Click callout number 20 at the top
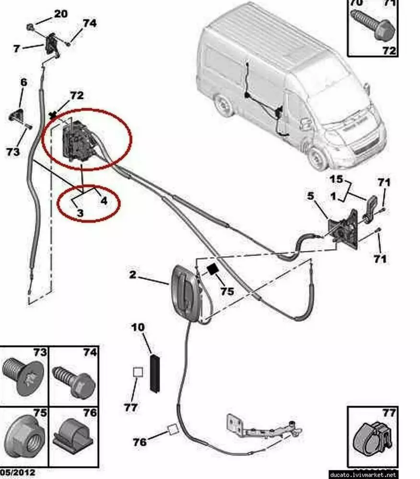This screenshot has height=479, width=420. [x=60, y=14]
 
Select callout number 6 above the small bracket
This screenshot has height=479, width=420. [x=23, y=82]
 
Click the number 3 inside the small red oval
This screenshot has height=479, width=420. [x=80, y=213]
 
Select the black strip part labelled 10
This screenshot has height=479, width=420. [x=154, y=374]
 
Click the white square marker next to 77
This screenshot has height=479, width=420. [x=138, y=372]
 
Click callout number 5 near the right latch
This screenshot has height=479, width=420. [x=310, y=196]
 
